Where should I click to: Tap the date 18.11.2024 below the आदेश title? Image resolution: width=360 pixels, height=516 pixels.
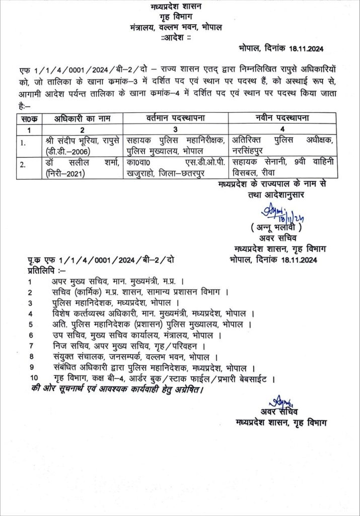[307, 48]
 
